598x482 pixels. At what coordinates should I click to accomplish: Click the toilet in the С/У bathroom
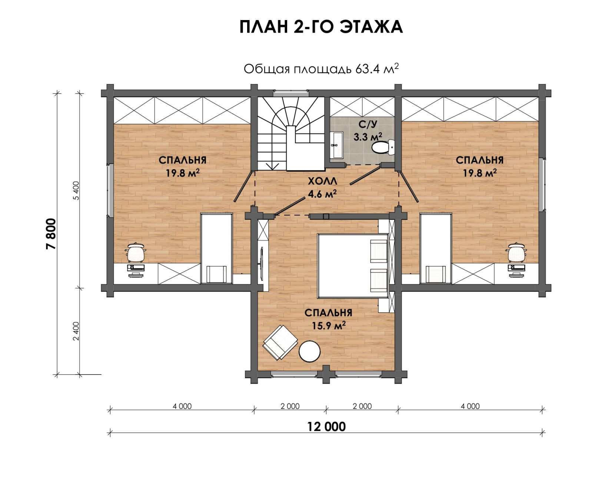tap(383, 148)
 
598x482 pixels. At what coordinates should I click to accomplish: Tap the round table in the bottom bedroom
tap(309, 351)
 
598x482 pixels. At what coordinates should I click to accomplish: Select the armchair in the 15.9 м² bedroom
tap(280, 342)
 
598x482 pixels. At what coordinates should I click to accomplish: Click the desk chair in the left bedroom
tap(136, 252)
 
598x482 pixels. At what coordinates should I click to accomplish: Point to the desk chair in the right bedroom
tap(516, 252)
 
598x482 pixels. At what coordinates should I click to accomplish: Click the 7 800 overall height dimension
tap(52, 234)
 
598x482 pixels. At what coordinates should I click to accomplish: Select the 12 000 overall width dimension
tap(326, 427)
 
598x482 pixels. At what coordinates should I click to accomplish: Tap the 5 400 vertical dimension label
tap(76, 191)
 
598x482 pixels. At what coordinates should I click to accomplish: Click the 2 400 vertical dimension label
tap(76, 331)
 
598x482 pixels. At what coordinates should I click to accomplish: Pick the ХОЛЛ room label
tap(322, 181)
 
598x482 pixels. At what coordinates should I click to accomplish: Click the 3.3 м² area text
tap(368, 137)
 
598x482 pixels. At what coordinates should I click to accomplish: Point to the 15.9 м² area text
tap(329, 326)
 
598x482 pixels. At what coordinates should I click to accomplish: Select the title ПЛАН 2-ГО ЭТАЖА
tap(321, 27)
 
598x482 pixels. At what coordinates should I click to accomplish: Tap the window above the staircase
tap(291, 93)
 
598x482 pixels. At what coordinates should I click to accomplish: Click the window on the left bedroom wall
tap(110, 190)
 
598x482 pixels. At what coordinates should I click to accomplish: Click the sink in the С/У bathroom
tap(337, 145)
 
